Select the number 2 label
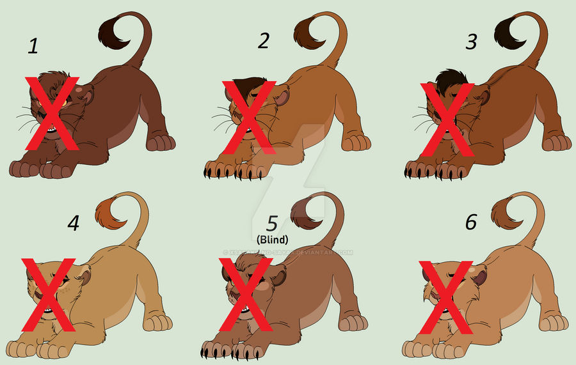click(264, 42)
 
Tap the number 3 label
click(472, 43)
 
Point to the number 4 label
click(74, 224)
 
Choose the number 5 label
click(273, 223)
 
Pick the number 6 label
click(470, 222)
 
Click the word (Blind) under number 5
click(273, 239)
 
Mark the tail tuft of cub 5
click(308, 214)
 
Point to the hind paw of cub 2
click(356, 142)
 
